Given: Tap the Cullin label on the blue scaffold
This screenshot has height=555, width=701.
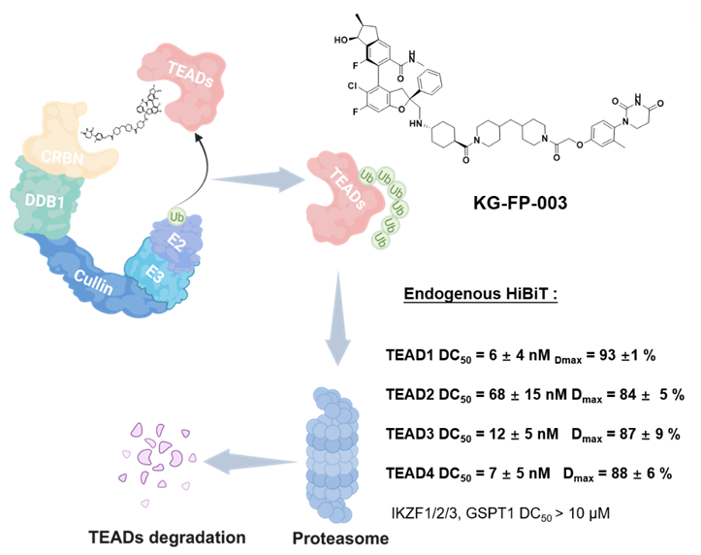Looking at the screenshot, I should [94, 282].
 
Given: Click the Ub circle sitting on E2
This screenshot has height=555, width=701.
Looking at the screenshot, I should [175, 215].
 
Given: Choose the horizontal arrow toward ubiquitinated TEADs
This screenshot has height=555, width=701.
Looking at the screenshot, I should [258, 179].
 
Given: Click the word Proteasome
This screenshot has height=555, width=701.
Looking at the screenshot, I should [340, 538].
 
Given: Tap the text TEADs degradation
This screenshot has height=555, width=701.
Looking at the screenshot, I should [167, 537].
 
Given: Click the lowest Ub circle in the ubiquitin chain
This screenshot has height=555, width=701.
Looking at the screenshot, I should [382, 239].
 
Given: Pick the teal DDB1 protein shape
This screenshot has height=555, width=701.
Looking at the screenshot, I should [41, 204].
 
